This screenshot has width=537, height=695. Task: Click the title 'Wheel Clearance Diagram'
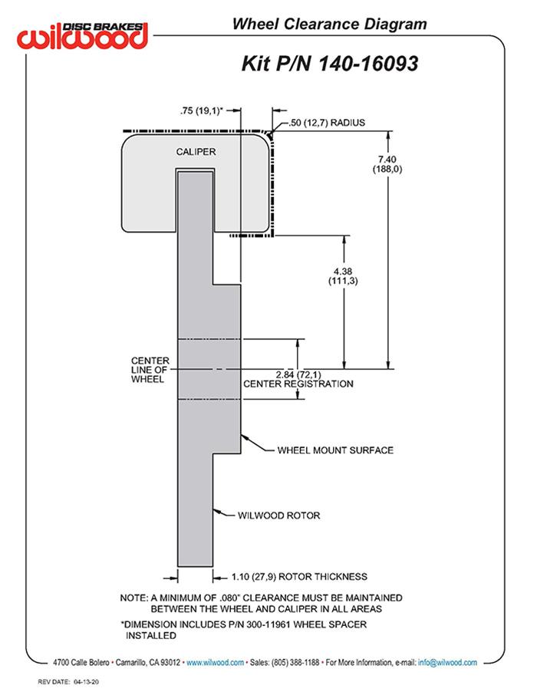tap(329, 25)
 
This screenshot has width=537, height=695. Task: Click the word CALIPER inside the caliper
tap(196, 152)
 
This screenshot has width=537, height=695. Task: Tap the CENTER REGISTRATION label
tap(298, 384)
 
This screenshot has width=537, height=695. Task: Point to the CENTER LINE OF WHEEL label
tap(147, 370)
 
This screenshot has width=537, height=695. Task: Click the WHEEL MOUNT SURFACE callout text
tap(334, 450)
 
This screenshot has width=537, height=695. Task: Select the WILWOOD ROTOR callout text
tap(279, 515)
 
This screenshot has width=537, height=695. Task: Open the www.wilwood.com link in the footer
tap(216, 662)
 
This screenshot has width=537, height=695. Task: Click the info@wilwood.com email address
tap(447, 662)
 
